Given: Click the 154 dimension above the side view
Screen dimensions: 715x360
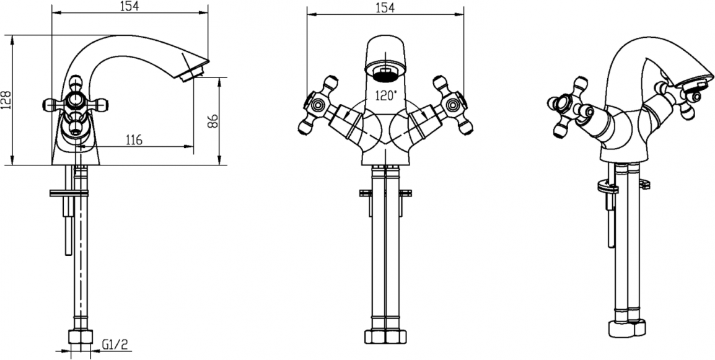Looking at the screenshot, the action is click(130, 6).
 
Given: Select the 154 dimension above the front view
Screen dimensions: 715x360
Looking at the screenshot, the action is click(385, 8).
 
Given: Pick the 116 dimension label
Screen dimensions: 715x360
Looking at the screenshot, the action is click(133, 139).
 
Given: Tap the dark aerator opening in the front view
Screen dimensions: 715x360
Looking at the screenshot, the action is click(386, 74).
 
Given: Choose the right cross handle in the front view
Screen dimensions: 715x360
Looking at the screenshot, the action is click(453, 105).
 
